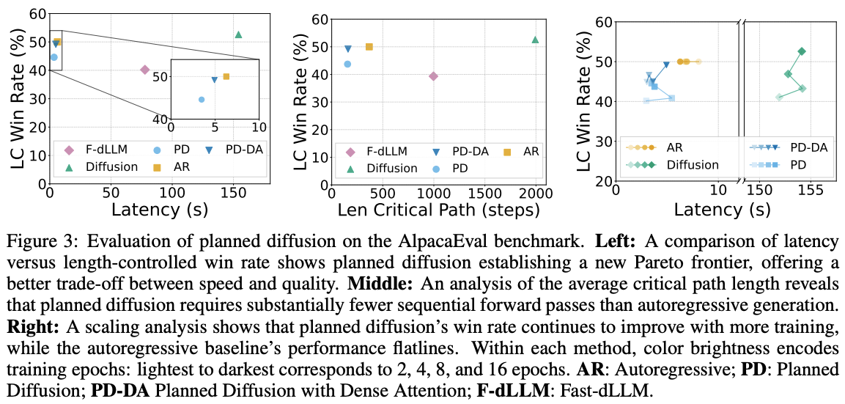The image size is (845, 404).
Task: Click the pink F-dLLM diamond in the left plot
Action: coord(144,70)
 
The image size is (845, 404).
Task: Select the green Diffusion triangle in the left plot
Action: coord(238,34)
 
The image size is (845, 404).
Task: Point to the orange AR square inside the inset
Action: coord(226,76)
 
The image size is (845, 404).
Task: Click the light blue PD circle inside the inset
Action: coord(202,99)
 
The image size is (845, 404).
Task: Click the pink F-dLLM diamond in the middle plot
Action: coord(433,76)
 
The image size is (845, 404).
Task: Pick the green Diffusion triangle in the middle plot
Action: coord(535,40)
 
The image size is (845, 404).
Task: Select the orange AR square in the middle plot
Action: coord(369,47)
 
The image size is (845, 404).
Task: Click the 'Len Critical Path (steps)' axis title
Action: coord(438,210)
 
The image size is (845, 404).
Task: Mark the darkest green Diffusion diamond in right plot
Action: coord(802,51)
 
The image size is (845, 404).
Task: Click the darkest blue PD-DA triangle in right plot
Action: coord(666,65)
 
